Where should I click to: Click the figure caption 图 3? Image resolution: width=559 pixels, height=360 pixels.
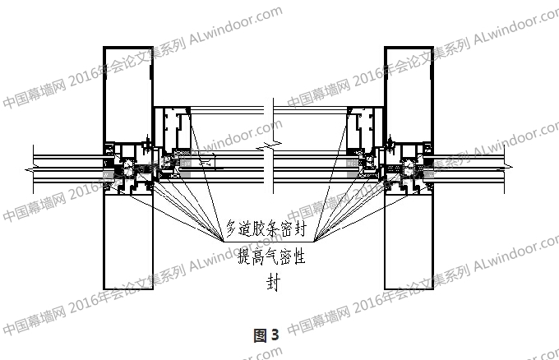267,335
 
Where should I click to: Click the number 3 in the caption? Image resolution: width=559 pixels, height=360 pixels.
275,335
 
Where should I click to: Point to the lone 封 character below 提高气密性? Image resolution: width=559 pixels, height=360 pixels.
272,283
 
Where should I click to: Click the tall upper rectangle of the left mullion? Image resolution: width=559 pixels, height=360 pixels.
127,95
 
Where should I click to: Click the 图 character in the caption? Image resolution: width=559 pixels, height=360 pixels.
261,335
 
